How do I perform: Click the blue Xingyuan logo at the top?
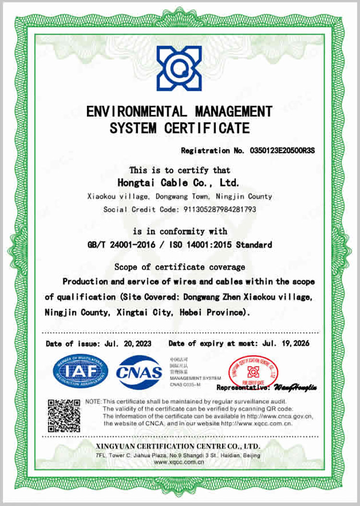(179, 68)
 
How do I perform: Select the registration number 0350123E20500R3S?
(282, 151)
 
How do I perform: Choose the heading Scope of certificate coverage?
(180, 267)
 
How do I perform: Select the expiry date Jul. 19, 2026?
(286, 343)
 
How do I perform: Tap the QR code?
(64, 415)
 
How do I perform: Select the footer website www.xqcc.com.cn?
(179, 462)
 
